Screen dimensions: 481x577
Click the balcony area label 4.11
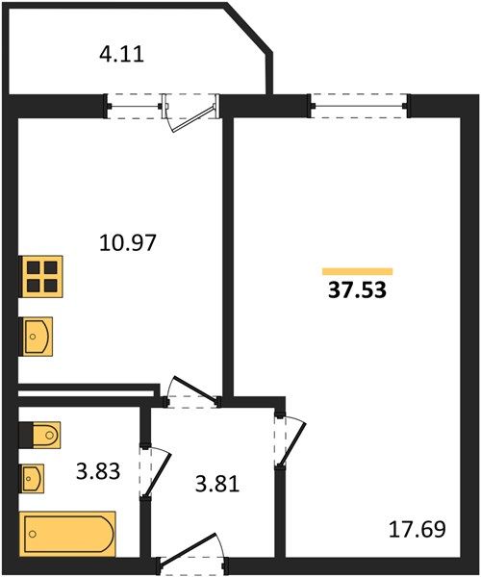click(x=121, y=55)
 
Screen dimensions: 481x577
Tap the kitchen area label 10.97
click(x=128, y=243)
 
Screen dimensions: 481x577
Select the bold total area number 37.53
click(x=357, y=290)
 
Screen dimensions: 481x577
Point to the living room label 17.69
click(x=417, y=529)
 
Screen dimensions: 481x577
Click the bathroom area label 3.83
click(x=98, y=471)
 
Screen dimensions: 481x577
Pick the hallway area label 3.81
click(x=217, y=484)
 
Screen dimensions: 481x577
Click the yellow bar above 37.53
click(x=357, y=271)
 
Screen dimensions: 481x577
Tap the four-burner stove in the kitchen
click(x=41, y=276)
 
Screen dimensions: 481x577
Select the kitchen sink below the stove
click(x=37, y=337)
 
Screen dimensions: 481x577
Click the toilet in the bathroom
click(x=40, y=436)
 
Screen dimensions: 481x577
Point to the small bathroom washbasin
click(x=33, y=478)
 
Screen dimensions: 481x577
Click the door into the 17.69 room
click(x=291, y=440)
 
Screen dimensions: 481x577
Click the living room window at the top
click(x=359, y=107)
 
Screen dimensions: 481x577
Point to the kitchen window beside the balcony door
click(x=134, y=107)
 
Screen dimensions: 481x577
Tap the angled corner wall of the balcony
click(x=249, y=28)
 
